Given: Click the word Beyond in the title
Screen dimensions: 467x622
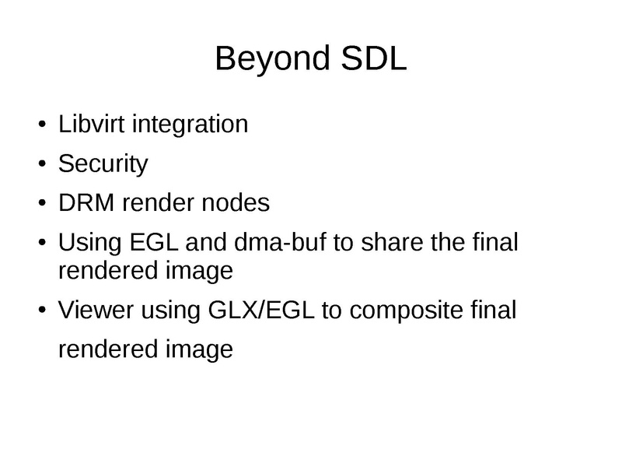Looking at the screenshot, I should click(267, 61).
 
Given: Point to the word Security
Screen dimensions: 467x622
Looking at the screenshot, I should click(103, 164).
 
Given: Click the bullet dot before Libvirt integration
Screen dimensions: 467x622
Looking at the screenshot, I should click(42, 125).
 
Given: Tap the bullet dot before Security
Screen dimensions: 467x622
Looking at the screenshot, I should click(42, 165).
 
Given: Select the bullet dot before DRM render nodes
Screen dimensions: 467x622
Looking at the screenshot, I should click(42, 205).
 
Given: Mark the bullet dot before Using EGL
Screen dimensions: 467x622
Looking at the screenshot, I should click(42, 244).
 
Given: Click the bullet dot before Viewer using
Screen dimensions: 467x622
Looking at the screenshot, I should click(42, 311).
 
